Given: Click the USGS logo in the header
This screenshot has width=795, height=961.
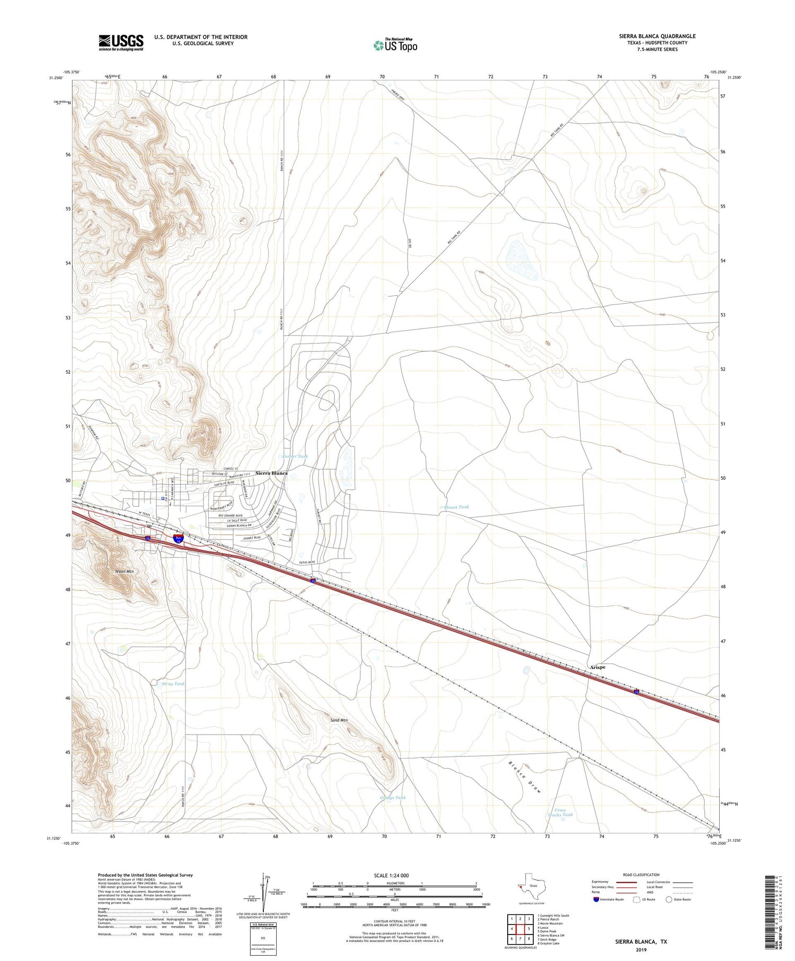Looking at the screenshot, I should pyautogui.click(x=120, y=42).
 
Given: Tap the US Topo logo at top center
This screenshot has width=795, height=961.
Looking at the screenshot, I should pyautogui.click(x=395, y=46).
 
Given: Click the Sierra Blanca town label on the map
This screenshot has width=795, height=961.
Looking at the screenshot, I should pyautogui.click(x=271, y=473).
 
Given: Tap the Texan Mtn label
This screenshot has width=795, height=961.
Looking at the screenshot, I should pyautogui.click(x=125, y=572).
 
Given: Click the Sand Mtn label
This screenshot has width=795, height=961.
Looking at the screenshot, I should pyautogui.click(x=339, y=720).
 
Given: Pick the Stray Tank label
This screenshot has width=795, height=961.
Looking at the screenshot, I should pyautogui.click(x=173, y=684).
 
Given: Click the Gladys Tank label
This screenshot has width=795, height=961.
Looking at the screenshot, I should pyautogui.click(x=393, y=798).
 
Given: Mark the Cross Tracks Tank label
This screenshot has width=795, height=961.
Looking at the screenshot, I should pyautogui.click(x=560, y=813).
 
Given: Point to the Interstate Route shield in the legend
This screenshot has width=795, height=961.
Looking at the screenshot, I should pyautogui.click(x=597, y=900).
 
